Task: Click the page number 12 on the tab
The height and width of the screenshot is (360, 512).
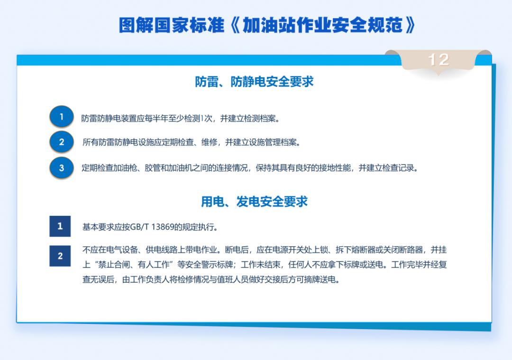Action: click(438, 60)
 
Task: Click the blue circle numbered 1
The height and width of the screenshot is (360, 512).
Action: click(61, 117)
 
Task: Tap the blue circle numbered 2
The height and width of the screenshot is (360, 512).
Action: click(61, 142)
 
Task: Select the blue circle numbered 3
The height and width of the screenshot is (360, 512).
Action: click(61, 168)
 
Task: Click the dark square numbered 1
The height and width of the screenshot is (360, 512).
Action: click(60, 226)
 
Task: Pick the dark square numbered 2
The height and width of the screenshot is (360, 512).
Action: click(60, 256)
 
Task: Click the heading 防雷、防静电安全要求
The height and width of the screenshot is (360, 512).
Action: click(254, 82)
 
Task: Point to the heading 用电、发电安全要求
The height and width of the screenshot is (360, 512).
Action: click(254, 202)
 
